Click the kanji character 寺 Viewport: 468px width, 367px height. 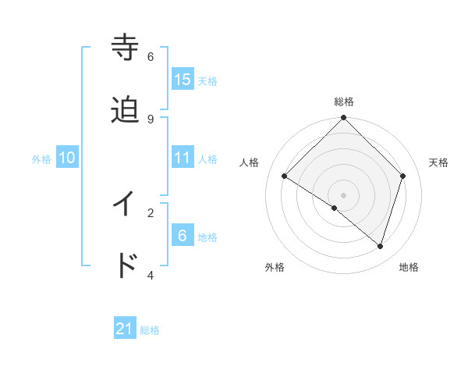(x=126, y=48)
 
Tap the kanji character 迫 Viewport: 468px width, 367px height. (x=126, y=110)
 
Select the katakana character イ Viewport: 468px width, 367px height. (x=126, y=204)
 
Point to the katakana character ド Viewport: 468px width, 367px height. (x=126, y=265)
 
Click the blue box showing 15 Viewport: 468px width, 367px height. (x=183, y=80)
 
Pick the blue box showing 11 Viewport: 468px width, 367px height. (x=183, y=158)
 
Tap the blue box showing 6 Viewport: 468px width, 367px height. (x=183, y=235)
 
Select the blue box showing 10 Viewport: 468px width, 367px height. (x=67, y=158)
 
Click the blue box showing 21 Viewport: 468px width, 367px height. (x=125, y=330)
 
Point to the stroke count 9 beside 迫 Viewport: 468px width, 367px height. (x=151, y=119)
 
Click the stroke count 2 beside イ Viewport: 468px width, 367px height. (x=151, y=212)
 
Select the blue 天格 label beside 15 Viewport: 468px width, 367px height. (x=207, y=80)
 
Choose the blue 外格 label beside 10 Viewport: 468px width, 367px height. (x=41, y=159)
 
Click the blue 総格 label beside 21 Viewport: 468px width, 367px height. (x=150, y=330)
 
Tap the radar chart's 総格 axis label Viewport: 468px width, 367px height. (x=344, y=102)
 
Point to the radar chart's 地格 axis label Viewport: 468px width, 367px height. (x=409, y=267)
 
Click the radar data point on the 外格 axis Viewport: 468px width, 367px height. (x=335, y=208)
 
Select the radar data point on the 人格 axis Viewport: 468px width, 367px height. (x=285, y=176)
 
